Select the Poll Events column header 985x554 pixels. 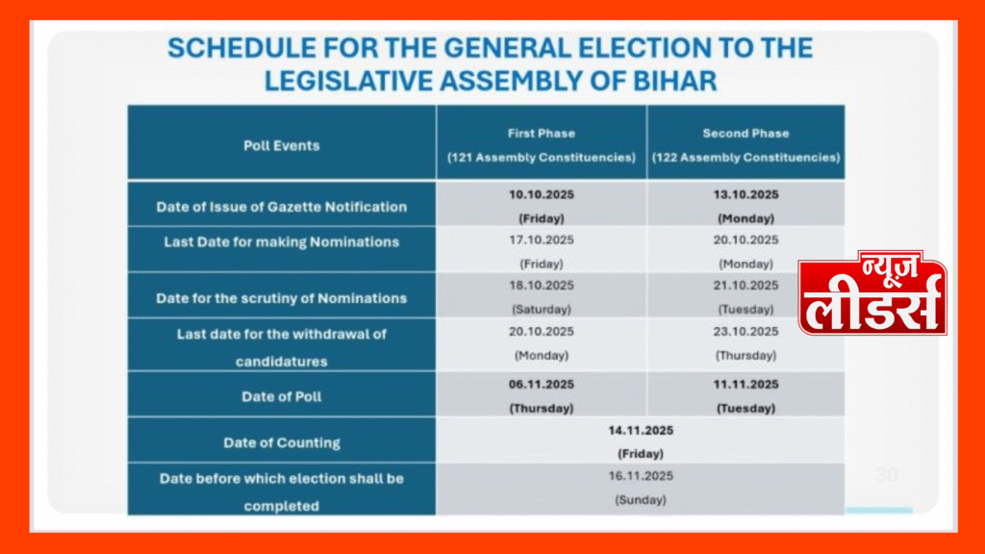coord(281,145)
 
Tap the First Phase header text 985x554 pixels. coord(541,133)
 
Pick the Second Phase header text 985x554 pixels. coord(745,133)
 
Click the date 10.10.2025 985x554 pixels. coord(542,194)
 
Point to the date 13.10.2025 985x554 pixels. coord(745,194)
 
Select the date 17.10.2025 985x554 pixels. coord(542,240)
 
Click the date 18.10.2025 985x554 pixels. coord(542,286)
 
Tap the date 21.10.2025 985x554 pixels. coord(745,286)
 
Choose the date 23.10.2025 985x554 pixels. coord(745,332)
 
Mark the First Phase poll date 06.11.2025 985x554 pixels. coord(542,383)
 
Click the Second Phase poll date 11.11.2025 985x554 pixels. coord(745,383)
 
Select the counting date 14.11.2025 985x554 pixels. coord(640,429)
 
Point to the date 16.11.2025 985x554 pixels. coord(640,476)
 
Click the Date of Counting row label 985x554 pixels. coord(281,442)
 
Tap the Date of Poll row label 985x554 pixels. coord(281,396)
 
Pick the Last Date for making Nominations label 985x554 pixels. coord(281,242)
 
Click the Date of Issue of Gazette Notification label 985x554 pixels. coord(281,207)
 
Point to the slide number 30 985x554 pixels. coord(885,475)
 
